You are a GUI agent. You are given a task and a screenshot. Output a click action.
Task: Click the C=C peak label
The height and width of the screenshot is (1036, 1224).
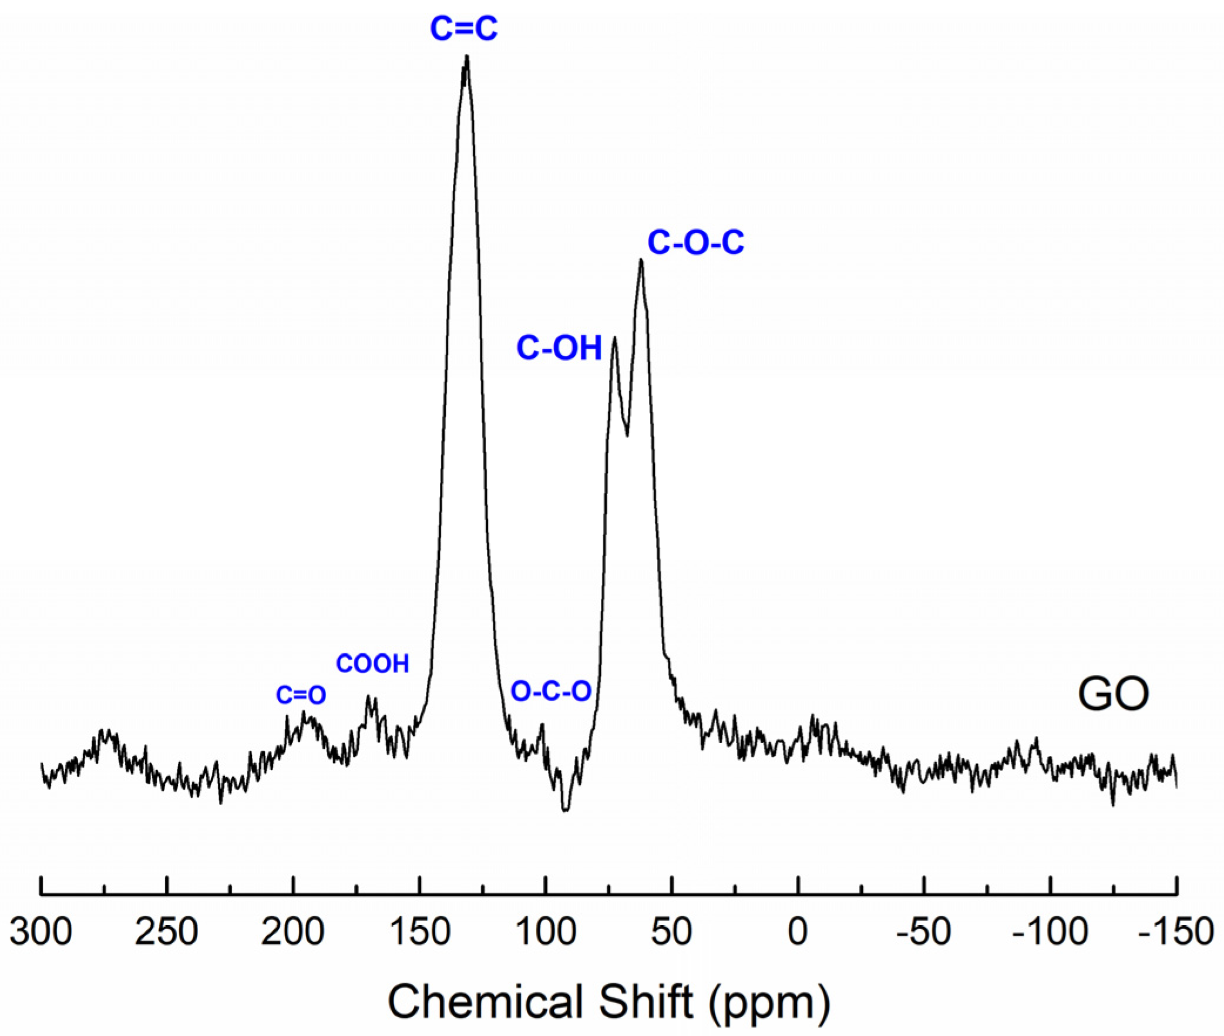(x=463, y=28)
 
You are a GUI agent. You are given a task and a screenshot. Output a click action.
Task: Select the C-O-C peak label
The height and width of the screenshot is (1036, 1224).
(x=695, y=242)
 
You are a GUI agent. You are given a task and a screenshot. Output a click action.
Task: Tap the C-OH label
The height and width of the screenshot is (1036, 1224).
(x=559, y=348)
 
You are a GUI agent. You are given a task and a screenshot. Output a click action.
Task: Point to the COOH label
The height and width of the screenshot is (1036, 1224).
(x=372, y=664)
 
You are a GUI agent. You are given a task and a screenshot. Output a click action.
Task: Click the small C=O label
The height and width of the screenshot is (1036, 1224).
(x=301, y=695)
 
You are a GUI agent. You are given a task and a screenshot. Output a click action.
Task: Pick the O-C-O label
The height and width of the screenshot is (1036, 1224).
(x=550, y=691)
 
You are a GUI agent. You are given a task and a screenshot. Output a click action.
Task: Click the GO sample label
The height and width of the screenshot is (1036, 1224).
(x=1112, y=694)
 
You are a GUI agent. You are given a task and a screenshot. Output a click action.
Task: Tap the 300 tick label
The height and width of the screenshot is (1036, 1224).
(x=41, y=931)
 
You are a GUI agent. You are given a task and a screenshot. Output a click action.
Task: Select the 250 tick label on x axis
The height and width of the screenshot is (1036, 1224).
(x=167, y=931)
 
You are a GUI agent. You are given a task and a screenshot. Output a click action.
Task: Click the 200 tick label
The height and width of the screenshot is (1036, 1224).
(x=292, y=931)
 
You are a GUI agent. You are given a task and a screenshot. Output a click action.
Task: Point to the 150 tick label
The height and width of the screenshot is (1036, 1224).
(x=419, y=931)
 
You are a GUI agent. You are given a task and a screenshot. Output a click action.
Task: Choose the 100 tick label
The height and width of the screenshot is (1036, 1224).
(x=545, y=931)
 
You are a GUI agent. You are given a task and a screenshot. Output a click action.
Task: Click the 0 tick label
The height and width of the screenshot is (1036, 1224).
(x=798, y=931)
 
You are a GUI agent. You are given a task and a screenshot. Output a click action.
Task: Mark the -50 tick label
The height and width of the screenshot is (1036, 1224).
(x=923, y=931)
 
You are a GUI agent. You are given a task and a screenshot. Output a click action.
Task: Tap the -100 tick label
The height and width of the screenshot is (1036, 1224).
(x=1050, y=931)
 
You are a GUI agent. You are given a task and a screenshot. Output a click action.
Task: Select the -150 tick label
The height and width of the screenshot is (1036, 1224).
(x=1175, y=931)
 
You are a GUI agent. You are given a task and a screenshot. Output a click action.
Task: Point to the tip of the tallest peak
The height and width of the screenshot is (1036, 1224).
(x=467, y=56)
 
